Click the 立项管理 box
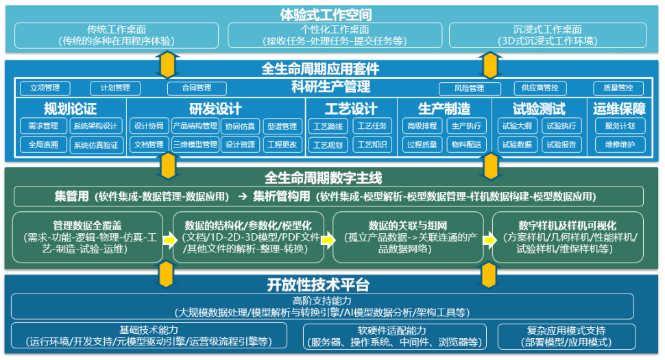[x=45, y=88]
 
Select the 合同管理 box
[x=196, y=88]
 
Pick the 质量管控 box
[x=618, y=88]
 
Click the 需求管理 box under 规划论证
[x=43, y=126]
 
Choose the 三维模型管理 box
[x=195, y=145]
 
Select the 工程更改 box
[x=281, y=145]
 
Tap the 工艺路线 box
[x=328, y=126]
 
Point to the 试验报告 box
[x=561, y=145]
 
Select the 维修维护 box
[x=619, y=145]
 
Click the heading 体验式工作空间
[x=332, y=13]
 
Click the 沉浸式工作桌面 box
[x=547, y=35]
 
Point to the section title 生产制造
[x=444, y=108]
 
